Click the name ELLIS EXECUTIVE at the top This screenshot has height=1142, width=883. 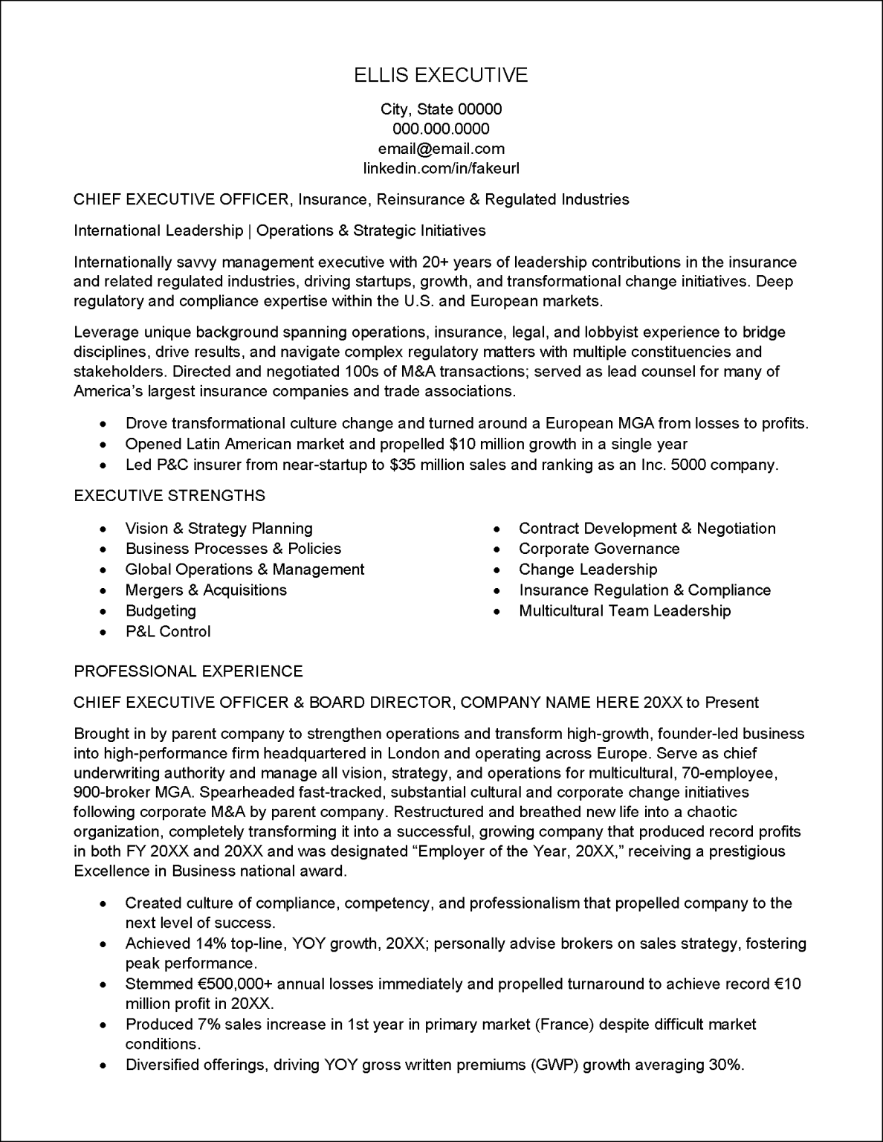coord(441,75)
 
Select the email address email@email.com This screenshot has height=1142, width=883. coord(441,149)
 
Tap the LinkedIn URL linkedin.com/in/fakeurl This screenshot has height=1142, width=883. coord(441,168)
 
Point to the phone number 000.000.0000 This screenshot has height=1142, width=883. coord(441,129)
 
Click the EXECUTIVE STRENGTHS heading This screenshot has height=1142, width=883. coord(169,496)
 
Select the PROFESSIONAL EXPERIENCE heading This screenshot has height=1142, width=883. coord(188,671)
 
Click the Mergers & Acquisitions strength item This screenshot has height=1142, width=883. coord(206,590)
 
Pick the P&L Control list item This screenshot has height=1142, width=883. coord(168,632)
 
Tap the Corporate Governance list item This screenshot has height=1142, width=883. coord(599,549)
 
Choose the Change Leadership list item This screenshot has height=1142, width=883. coord(588,570)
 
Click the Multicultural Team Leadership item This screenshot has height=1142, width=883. coord(625,611)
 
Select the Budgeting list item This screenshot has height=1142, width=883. coord(161,611)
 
